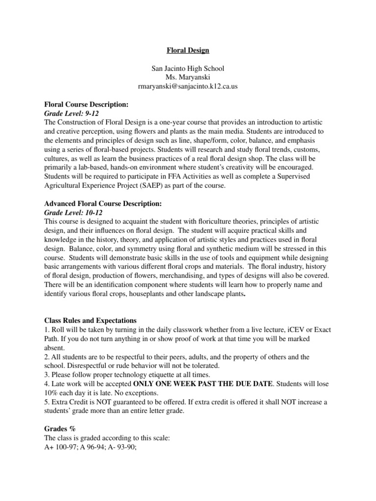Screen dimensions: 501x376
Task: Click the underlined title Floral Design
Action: click(x=188, y=50)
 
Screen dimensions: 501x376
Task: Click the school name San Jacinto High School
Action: click(x=188, y=69)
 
